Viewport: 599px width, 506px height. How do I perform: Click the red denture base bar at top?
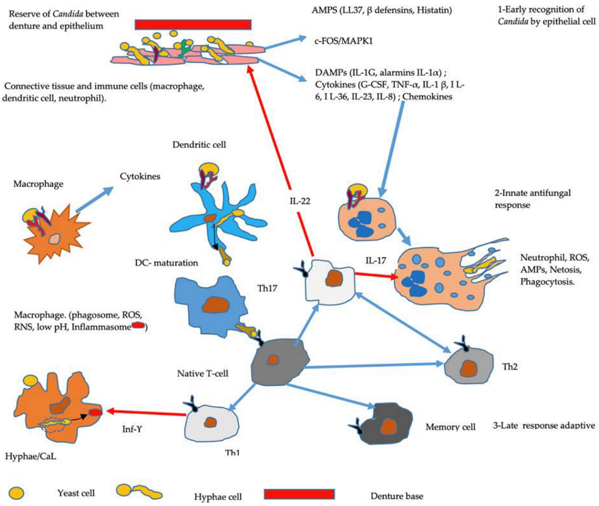193,24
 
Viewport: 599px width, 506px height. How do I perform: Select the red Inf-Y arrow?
143,413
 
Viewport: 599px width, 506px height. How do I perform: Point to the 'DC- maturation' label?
166,263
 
